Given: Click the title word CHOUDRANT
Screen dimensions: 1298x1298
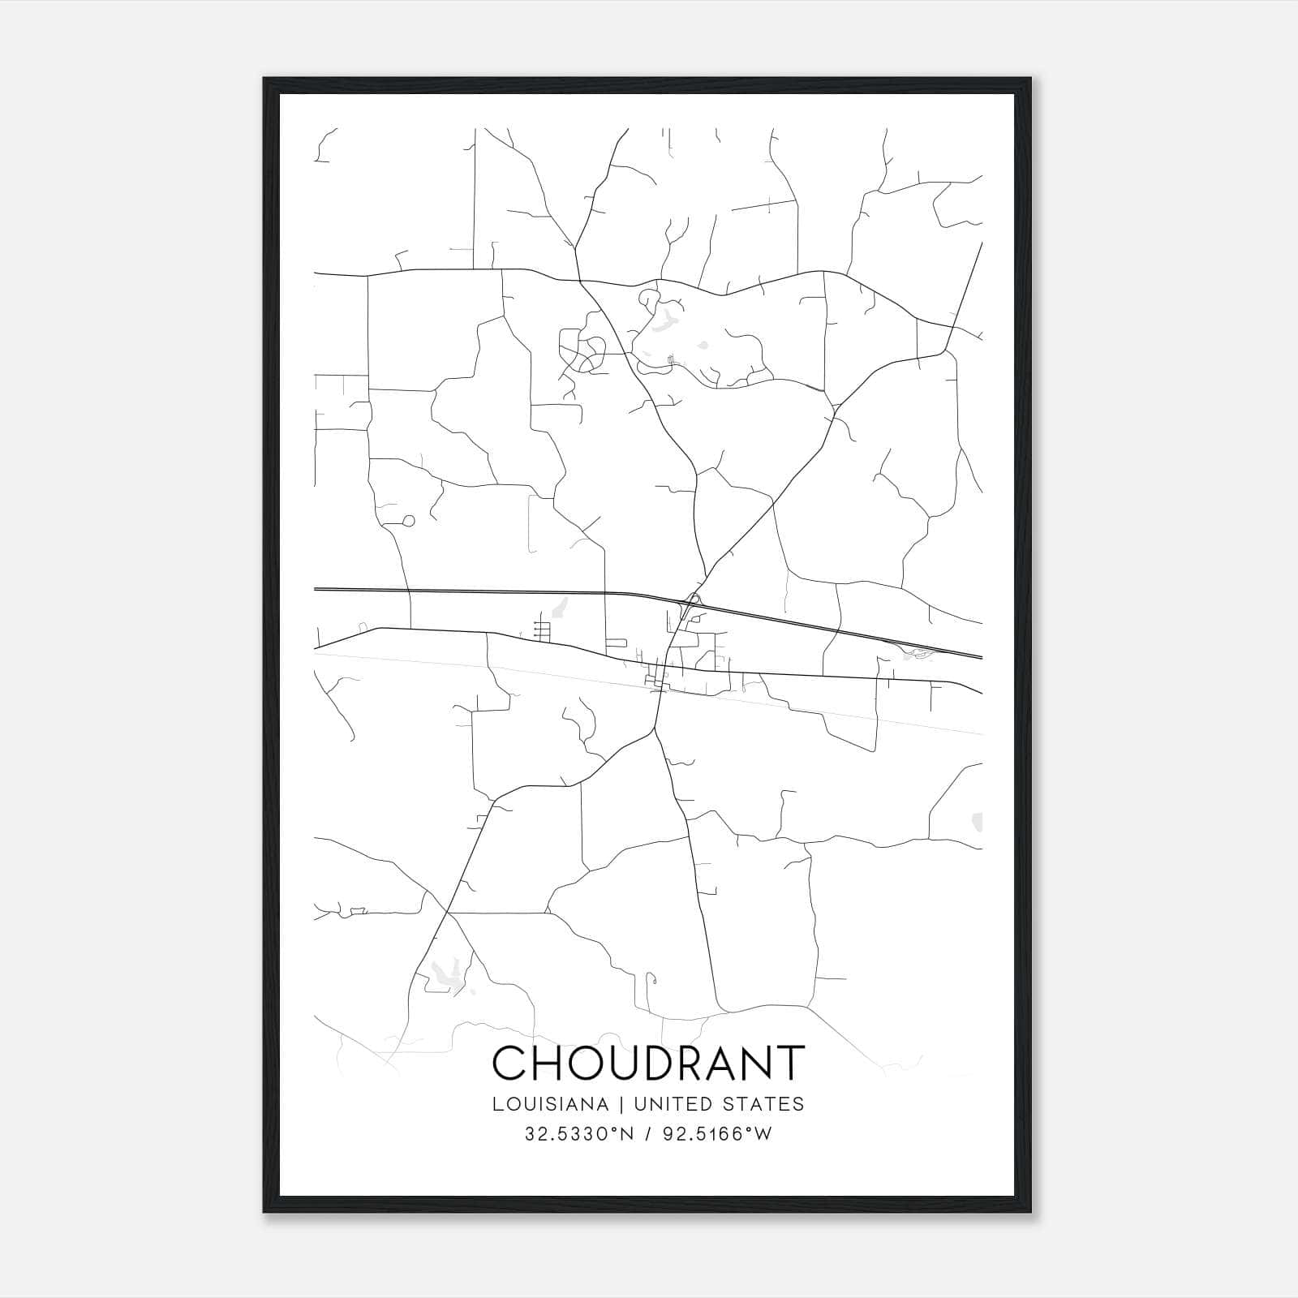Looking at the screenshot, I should click(648, 1063).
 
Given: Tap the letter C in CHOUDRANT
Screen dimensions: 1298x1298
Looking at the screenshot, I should click(509, 1063).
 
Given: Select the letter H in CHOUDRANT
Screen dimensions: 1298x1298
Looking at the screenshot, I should click(550, 1063).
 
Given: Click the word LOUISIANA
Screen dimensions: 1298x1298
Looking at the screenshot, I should click(549, 1103).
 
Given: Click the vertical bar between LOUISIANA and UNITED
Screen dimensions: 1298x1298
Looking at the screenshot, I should click(621, 1103).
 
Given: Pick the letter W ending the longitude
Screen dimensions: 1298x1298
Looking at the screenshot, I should click(763, 1134).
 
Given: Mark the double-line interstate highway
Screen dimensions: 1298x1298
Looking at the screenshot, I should click(487, 591).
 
